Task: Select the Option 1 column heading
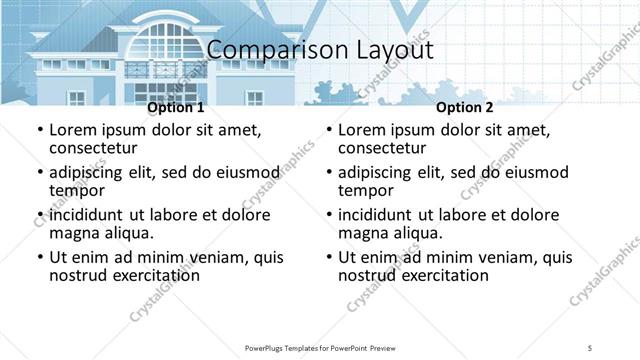tap(175, 107)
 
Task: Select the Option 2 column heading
tap(464, 107)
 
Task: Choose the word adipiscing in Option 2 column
tap(381, 172)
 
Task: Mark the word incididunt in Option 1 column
tap(93, 215)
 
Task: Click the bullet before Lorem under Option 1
tap(40, 130)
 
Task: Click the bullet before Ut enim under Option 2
tap(329, 257)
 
